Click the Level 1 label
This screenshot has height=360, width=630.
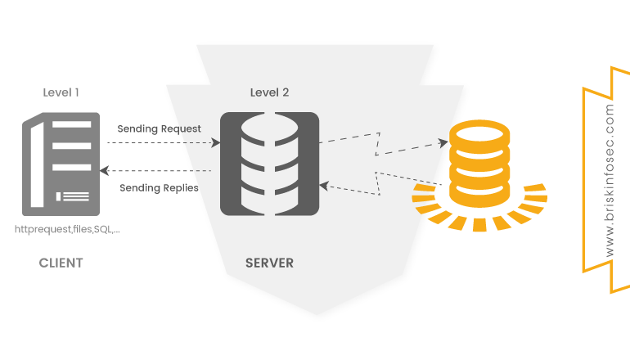[x=61, y=92]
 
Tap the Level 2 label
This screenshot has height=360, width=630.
[x=269, y=92]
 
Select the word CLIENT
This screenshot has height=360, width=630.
[x=61, y=263]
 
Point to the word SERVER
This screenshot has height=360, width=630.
[x=269, y=263]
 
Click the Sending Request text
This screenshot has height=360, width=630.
[x=159, y=128]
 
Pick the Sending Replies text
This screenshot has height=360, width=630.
[x=159, y=187]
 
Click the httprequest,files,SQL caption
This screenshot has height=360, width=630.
[x=68, y=230]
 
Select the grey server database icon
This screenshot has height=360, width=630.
[x=269, y=164]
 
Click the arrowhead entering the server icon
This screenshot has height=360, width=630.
[x=217, y=142]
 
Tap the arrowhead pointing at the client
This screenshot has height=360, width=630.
[x=104, y=171]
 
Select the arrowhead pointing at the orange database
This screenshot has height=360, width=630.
[x=445, y=143]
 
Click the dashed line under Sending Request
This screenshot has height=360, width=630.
[x=160, y=142]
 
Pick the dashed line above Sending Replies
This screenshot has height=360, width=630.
[x=160, y=171]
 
